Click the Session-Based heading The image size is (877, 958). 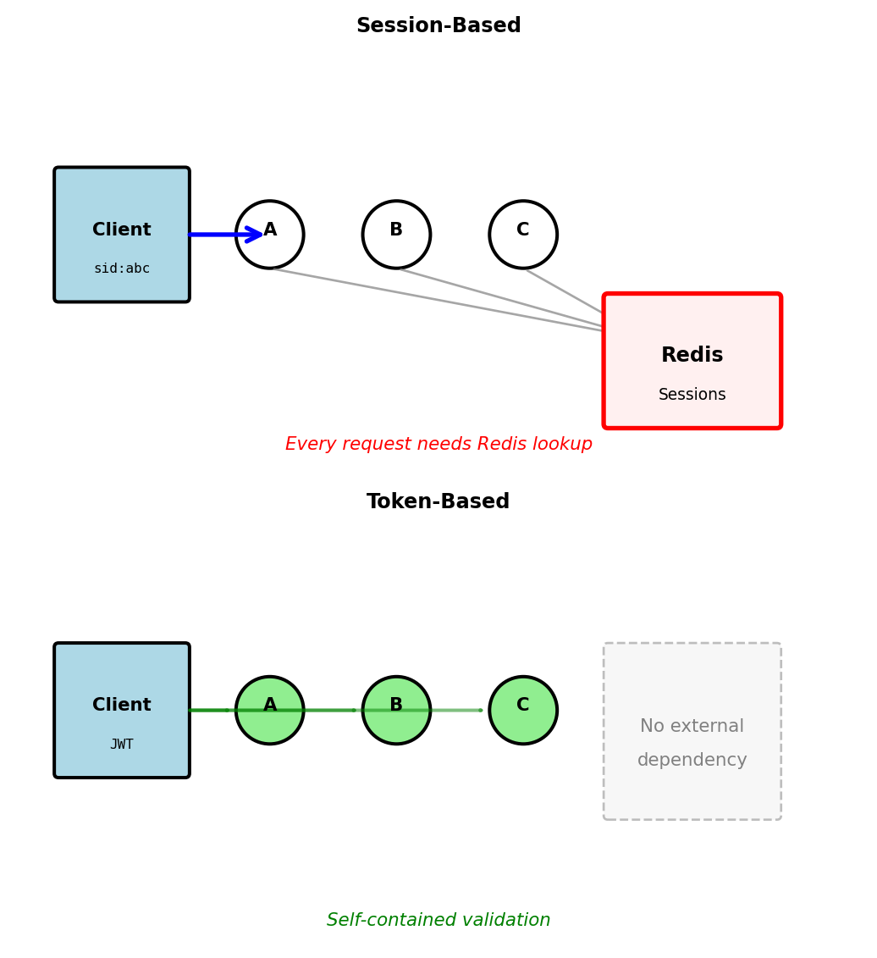[438, 26]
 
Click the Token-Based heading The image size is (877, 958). [438, 502]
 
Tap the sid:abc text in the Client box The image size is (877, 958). [122, 269]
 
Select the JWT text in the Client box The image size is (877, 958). [122, 745]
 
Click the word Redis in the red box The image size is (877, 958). [692, 356]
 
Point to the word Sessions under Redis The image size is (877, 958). [692, 396]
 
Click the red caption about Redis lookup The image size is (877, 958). [438, 445]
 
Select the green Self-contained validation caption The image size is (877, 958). [438, 921]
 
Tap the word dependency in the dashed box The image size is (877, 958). [692, 761]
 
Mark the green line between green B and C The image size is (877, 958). [457, 711]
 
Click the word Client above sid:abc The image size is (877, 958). [122, 230]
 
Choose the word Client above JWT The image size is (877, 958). [122, 706]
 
